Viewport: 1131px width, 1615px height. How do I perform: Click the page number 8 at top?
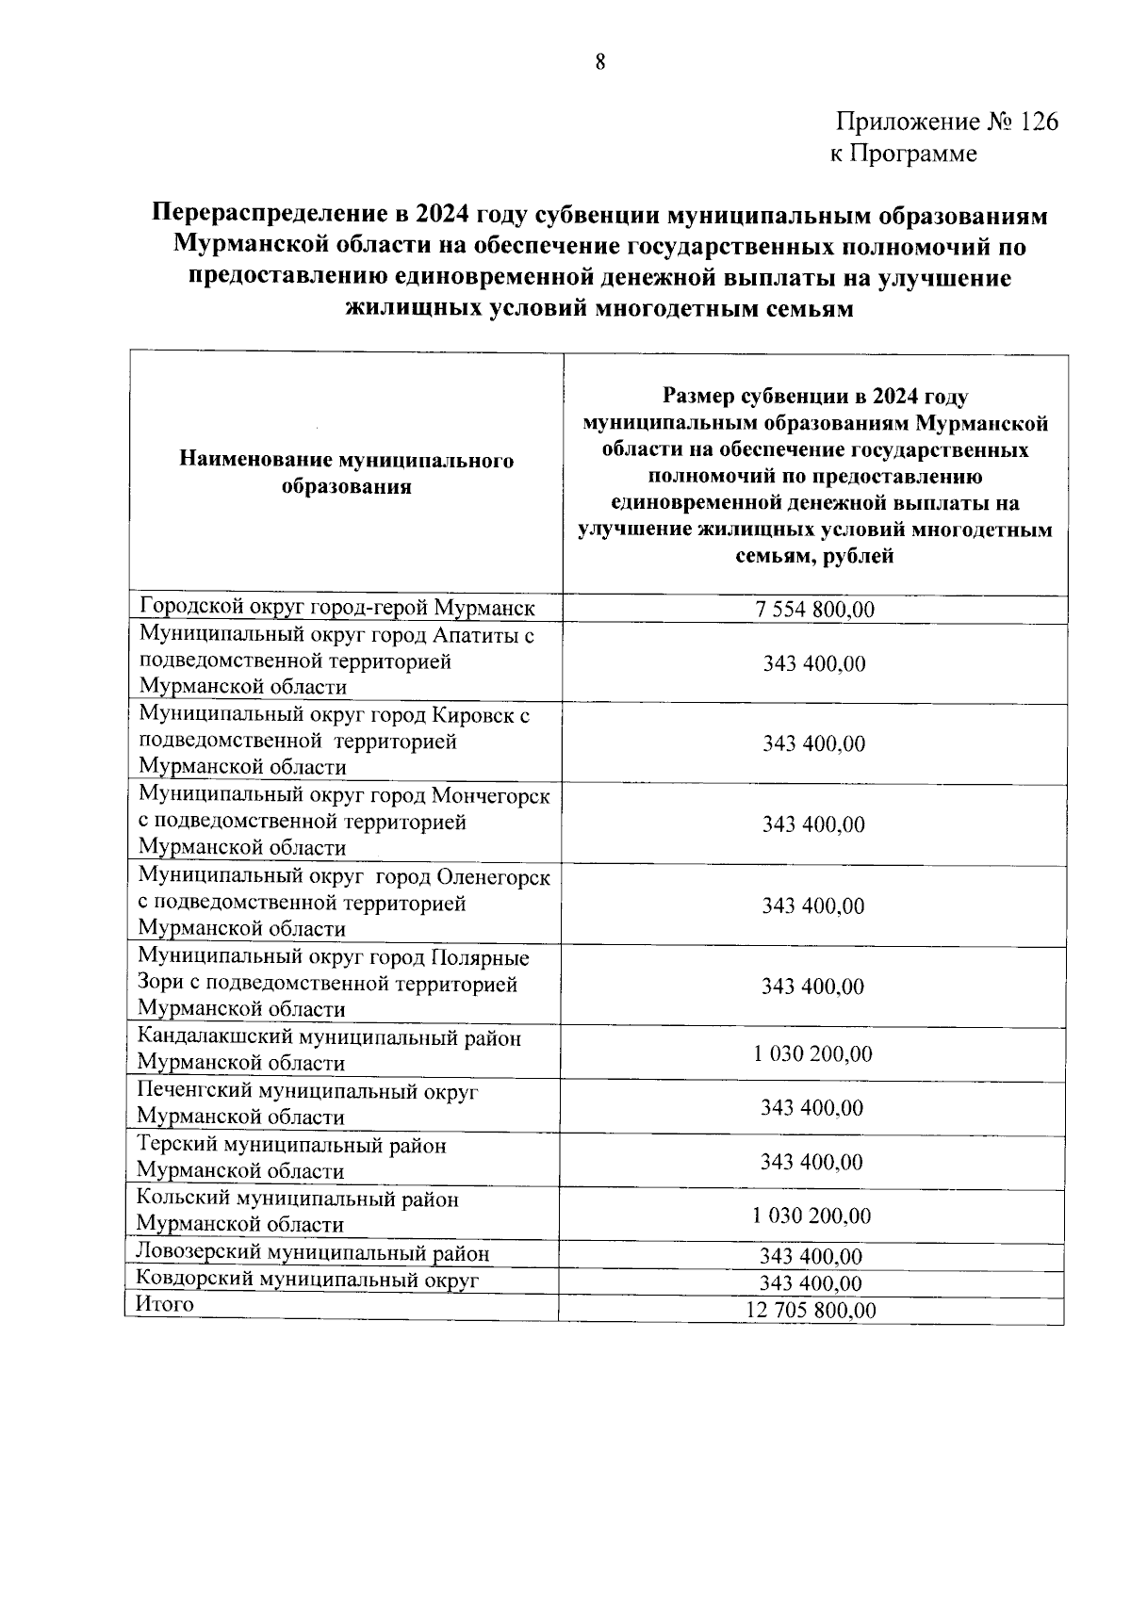tap(599, 63)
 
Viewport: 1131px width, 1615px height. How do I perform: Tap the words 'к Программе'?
tap(903, 154)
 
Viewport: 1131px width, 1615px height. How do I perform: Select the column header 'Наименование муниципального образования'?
tap(346, 473)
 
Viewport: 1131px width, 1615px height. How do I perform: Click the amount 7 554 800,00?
tap(814, 610)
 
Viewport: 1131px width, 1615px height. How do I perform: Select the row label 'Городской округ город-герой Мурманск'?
tap(336, 607)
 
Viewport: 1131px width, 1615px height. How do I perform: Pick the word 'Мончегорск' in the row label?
tap(490, 796)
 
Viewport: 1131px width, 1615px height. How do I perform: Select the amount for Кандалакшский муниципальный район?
tap(812, 1053)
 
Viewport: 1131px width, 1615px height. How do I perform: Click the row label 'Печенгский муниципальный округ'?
tap(307, 1091)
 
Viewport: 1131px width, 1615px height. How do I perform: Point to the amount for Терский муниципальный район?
tap(811, 1162)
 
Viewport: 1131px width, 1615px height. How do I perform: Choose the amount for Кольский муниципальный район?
tap(811, 1215)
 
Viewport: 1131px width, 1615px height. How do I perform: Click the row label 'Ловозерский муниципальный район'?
tap(313, 1253)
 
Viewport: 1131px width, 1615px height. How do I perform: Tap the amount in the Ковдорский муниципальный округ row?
tap(811, 1283)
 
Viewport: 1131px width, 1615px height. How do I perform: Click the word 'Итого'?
tap(165, 1305)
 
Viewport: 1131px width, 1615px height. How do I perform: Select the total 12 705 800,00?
tap(811, 1311)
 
